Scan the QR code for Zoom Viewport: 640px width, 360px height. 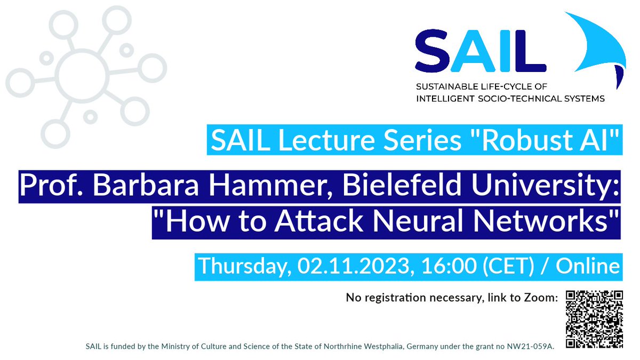click(x=594, y=318)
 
